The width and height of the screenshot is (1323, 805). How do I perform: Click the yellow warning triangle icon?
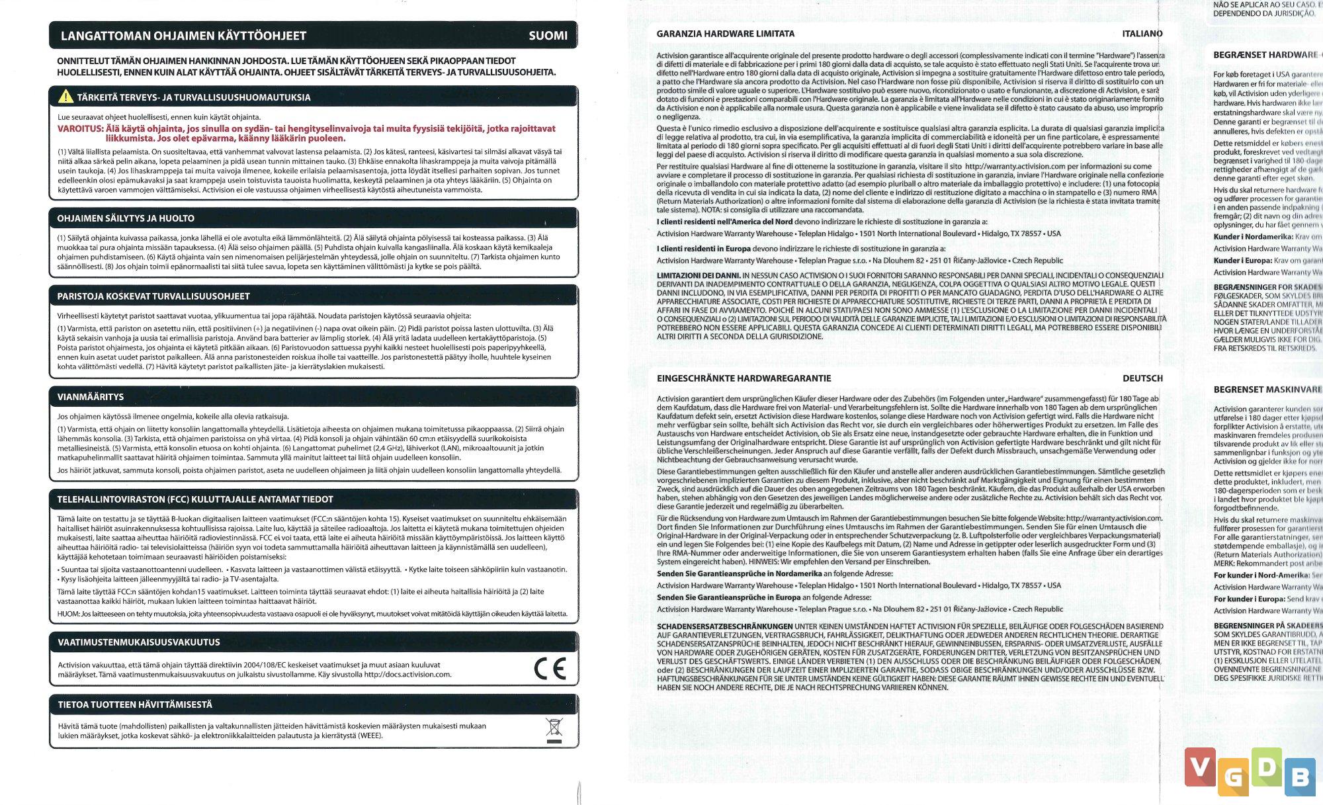click(65, 97)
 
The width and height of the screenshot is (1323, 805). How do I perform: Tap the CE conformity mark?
click(550, 669)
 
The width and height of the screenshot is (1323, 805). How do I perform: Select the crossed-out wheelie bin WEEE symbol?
click(554, 730)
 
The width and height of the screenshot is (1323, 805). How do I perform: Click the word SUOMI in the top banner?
click(548, 36)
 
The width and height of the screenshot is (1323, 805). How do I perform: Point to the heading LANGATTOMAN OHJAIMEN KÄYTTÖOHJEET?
click(183, 36)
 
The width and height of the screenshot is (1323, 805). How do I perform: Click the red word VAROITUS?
click(80, 128)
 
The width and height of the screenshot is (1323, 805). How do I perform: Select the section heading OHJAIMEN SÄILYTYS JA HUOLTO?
click(126, 218)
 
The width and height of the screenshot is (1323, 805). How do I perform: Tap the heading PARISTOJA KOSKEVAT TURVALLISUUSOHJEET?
click(153, 296)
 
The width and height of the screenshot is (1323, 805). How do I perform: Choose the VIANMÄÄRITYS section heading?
click(91, 397)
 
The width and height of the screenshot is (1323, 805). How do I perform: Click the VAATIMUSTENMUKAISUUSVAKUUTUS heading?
click(139, 642)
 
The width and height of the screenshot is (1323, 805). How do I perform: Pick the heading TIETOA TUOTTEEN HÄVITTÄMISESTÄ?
click(135, 704)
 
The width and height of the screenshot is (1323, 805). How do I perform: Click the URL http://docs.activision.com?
click(407, 675)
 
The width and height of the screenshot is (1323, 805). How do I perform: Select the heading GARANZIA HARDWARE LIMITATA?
click(726, 34)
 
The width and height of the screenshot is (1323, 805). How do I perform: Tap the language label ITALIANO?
click(1142, 34)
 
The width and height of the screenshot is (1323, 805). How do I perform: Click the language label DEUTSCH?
click(1142, 378)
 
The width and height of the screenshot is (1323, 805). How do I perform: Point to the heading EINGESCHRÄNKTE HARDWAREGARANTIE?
click(744, 378)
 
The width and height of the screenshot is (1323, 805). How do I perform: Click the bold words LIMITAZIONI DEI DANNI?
click(698, 275)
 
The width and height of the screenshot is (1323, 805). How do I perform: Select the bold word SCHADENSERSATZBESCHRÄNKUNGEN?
click(724, 626)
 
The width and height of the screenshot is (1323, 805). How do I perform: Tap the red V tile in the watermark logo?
click(1200, 767)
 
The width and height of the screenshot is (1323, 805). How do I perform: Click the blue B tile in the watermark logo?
click(1300, 778)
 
